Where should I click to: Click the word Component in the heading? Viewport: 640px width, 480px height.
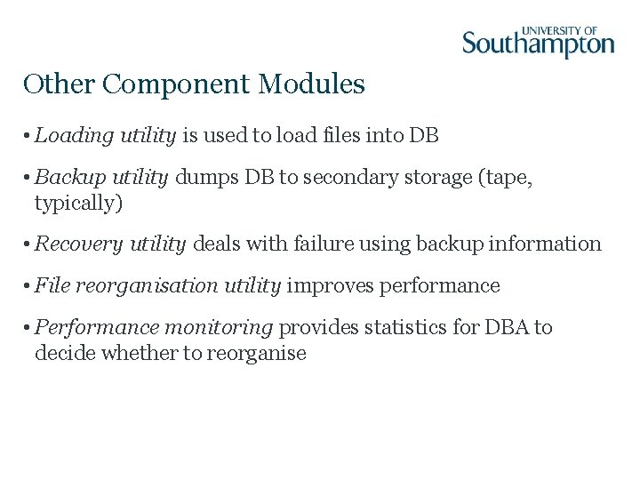(177, 84)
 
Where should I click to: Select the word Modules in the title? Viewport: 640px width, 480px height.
(312, 84)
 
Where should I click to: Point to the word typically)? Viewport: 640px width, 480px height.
(78, 204)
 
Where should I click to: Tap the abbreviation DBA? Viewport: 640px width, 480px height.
(507, 328)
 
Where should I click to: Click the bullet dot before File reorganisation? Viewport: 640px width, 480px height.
(28, 286)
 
